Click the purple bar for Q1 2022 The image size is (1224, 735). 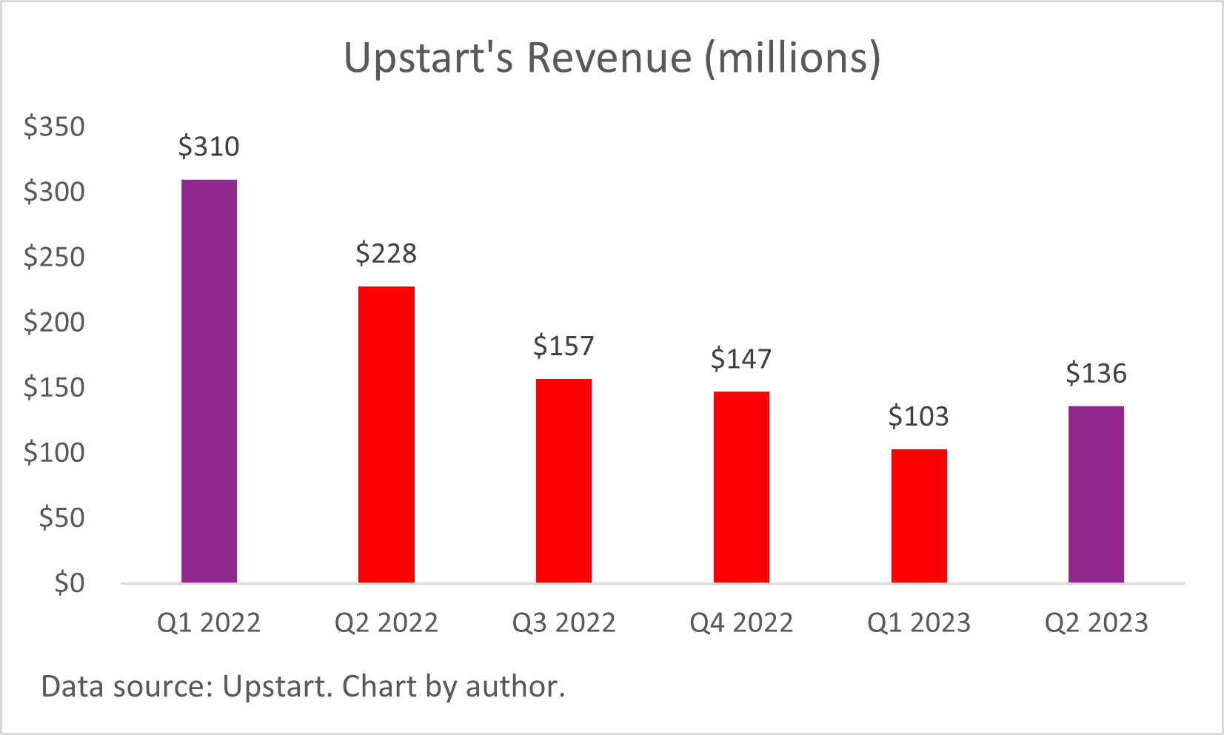tap(209, 381)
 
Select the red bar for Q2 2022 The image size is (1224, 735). tap(386, 434)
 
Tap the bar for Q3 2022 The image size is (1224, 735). tap(563, 480)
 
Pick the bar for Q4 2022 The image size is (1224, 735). tap(741, 487)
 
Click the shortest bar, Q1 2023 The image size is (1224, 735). tap(919, 516)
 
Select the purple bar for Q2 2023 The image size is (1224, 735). tap(1096, 494)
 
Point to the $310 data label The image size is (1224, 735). tap(209, 147)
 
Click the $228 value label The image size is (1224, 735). tap(386, 254)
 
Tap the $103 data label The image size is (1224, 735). tap(918, 417)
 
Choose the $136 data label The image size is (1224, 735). tap(1096, 373)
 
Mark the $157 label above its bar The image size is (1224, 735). tap(563, 346)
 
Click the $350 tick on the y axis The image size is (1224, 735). tap(54, 127)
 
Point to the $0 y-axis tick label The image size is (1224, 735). tap(69, 583)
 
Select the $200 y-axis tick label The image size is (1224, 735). tap(54, 322)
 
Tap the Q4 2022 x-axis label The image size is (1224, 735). tap(741, 622)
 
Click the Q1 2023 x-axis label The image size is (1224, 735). tap(918, 622)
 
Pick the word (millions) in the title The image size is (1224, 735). tap(792, 57)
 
